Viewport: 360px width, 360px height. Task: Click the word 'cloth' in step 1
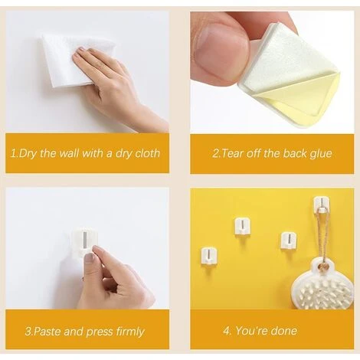pyautogui.click(x=147, y=153)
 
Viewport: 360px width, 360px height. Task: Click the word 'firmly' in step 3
pyautogui.click(x=130, y=332)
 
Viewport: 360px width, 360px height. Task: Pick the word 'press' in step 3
pyautogui.click(x=100, y=332)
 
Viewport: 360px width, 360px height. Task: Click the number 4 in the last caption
pyautogui.click(x=227, y=331)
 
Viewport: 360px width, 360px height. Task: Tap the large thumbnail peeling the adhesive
pyautogui.click(x=221, y=48)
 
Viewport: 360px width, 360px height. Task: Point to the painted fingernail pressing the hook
pyautogui.click(x=89, y=258)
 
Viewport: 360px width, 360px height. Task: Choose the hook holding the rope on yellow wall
pyautogui.click(x=321, y=205)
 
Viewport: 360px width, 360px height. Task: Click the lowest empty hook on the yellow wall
pyautogui.click(x=209, y=256)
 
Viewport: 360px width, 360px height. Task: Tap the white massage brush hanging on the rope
pyautogui.click(x=323, y=285)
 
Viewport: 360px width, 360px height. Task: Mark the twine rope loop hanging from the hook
pyautogui.click(x=323, y=236)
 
